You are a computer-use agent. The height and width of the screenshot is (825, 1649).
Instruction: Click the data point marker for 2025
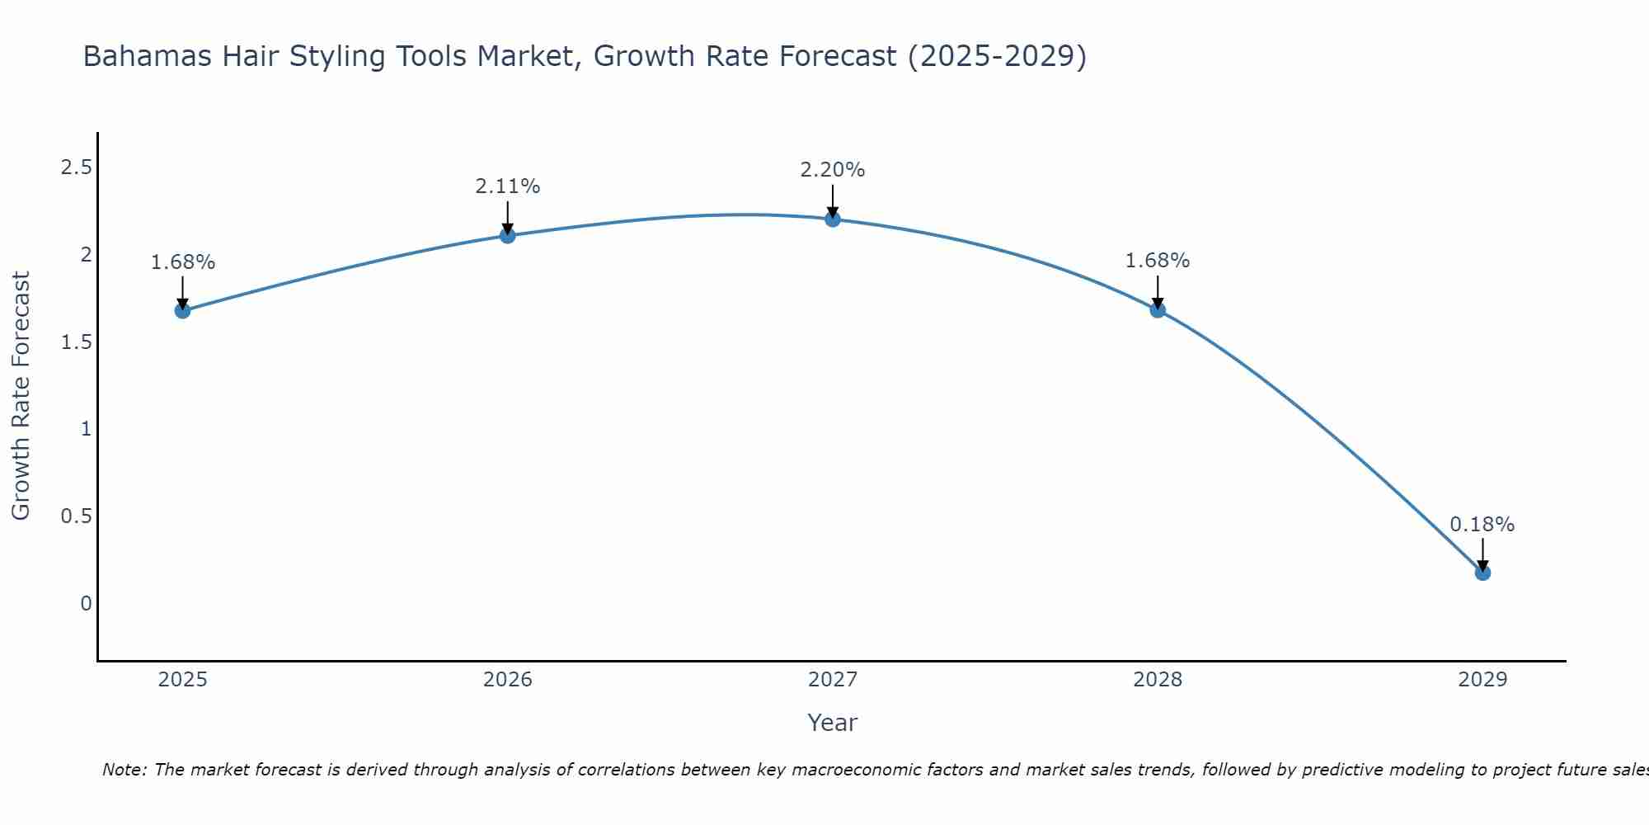tap(182, 310)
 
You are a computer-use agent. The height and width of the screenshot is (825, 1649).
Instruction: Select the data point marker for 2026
tap(507, 235)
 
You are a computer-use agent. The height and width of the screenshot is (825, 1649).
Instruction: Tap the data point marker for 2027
tap(832, 219)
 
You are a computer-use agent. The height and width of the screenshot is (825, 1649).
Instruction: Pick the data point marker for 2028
tap(1157, 309)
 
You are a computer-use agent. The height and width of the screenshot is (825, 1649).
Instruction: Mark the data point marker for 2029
tap(1482, 572)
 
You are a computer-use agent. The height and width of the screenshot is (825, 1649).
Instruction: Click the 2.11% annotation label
tap(507, 186)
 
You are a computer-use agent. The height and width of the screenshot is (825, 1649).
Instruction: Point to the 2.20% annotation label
tap(832, 170)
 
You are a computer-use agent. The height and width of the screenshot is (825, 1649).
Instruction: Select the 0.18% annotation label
tap(1482, 525)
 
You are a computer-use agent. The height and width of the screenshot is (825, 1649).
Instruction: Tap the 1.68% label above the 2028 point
tap(1157, 261)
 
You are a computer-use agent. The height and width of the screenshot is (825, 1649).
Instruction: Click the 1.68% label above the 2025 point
tap(182, 262)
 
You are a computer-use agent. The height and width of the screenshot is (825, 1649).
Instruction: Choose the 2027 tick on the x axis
tap(832, 680)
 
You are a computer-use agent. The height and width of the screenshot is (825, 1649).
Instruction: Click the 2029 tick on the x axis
tap(1482, 680)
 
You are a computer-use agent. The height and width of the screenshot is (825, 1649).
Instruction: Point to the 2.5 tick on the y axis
tap(76, 167)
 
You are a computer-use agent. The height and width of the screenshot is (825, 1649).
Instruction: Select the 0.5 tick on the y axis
tap(76, 516)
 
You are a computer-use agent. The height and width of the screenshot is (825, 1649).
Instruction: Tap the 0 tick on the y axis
tap(86, 603)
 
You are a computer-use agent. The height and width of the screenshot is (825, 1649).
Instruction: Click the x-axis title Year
tap(832, 723)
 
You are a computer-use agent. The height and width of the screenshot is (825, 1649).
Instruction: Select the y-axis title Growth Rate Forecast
tap(21, 396)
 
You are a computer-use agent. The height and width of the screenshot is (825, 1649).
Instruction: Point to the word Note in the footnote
tap(123, 770)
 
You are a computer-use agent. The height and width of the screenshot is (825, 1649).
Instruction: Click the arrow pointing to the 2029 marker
tap(1482, 554)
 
